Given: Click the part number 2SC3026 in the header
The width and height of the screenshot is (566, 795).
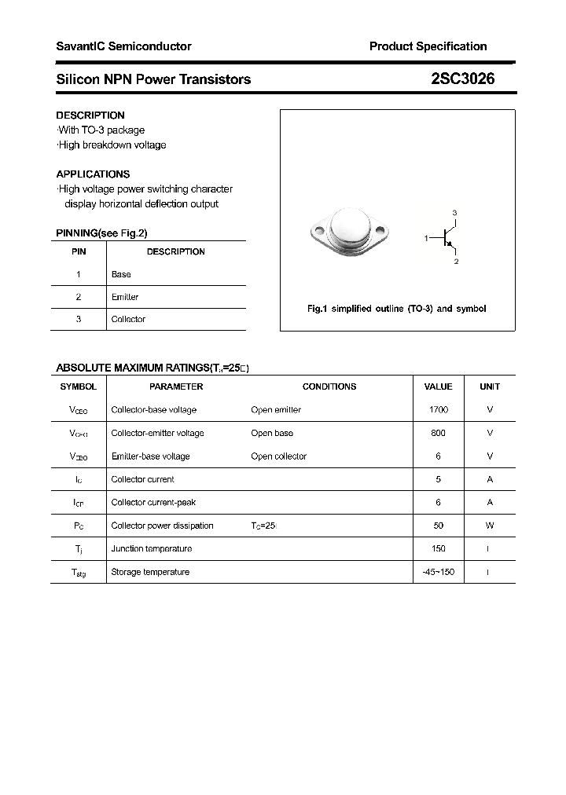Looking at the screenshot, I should click(462, 79).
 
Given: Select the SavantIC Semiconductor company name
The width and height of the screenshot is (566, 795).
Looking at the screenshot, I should click(123, 46).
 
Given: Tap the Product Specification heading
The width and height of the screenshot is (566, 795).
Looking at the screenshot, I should click(428, 46).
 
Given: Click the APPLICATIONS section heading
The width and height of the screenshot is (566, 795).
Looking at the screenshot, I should click(93, 174).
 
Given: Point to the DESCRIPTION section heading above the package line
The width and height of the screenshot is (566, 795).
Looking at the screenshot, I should click(90, 115).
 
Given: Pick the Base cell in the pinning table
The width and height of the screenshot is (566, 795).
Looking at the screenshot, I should click(121, 274).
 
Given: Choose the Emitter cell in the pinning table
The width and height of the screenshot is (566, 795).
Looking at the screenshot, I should click(125, 297).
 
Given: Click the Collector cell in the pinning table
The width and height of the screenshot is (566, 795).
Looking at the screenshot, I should click(128, 319).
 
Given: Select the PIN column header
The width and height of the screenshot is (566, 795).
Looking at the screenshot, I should click(79, 251).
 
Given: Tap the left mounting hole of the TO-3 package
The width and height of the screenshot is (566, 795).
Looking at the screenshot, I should click(318, 231).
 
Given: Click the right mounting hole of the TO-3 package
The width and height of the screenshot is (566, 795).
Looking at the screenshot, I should click(381, 231).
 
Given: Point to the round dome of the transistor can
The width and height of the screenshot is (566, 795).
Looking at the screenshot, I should click(350, 227).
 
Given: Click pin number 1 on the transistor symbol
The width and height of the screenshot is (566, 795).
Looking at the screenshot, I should click(426, 237).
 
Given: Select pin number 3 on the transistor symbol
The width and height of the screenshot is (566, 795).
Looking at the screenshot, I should click(454, 213).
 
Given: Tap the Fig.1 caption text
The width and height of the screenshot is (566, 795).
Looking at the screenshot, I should click(396, 309).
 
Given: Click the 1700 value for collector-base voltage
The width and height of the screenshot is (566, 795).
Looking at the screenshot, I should click(438, 410).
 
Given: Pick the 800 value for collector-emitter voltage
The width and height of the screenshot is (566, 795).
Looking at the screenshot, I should click(438, 433).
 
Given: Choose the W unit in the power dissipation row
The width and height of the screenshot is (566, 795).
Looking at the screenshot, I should click(490, 526).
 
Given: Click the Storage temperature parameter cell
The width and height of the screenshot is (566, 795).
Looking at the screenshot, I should click(150, 572).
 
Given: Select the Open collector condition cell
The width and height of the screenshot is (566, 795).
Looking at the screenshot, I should click(278, 456).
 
